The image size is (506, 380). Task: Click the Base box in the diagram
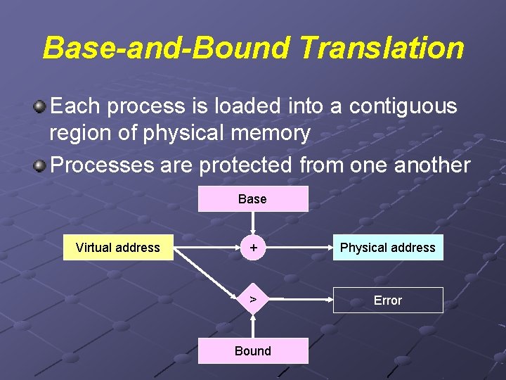point(252,199)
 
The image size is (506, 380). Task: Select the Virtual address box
point(118,248)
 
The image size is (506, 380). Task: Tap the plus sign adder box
point(253,248)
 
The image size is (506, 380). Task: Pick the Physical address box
point(387,248)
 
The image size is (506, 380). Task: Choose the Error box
point(387,300)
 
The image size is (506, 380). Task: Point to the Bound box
point(252,350)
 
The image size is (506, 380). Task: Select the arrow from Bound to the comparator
point(253,326)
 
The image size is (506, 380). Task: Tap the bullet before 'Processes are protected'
point(41,166)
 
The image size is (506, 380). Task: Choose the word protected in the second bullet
point(245,165)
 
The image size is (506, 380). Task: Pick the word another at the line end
point(429,165)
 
